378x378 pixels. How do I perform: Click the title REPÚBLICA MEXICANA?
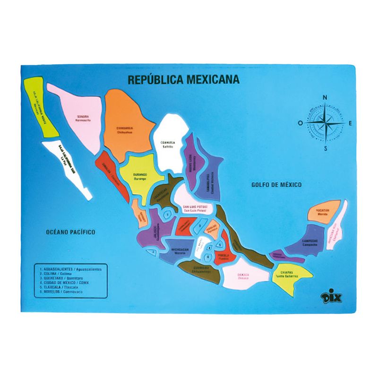click(183, 79)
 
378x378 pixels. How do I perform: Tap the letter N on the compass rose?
click(325, 98)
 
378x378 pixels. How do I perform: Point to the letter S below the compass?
click(325, 149)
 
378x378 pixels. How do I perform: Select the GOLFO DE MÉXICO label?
click(276, 185)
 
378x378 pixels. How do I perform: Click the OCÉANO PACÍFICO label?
click(71, 232)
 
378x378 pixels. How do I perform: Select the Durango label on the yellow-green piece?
click(137, 177)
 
